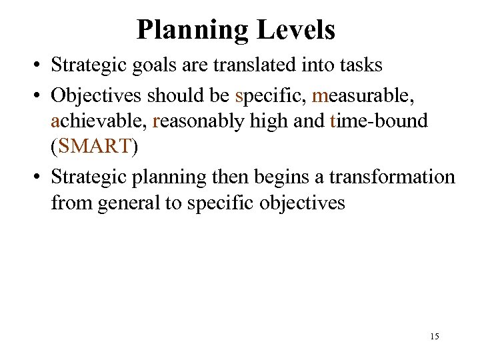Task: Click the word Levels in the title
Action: (x=299, y=30)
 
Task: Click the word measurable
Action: (x=363, y=95)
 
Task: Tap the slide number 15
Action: (x=435, y=337)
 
